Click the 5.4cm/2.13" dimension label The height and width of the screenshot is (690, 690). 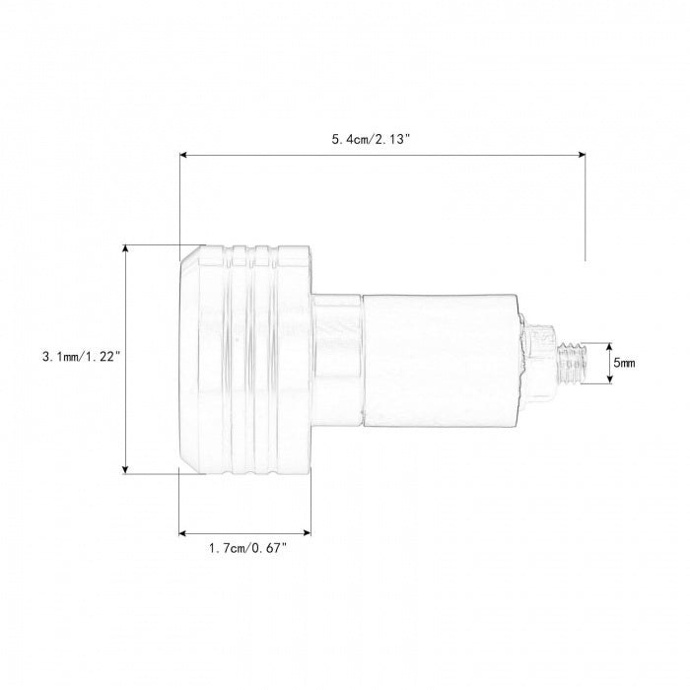[x=370, y=140]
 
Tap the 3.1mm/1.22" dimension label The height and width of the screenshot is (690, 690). [x=81, y=357]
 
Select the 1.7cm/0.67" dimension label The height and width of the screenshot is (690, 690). [x=247, y=548]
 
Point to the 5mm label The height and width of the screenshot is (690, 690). [x=624, y=363]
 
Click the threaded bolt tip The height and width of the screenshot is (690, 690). [x=572, y=363]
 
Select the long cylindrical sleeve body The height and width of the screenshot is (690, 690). [x=441, y=360]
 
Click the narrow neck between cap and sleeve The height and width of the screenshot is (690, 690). [x=337, y=360]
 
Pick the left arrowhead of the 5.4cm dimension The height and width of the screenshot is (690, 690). [x=183, y=155]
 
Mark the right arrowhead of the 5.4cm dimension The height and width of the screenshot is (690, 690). [x=582, y=155]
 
